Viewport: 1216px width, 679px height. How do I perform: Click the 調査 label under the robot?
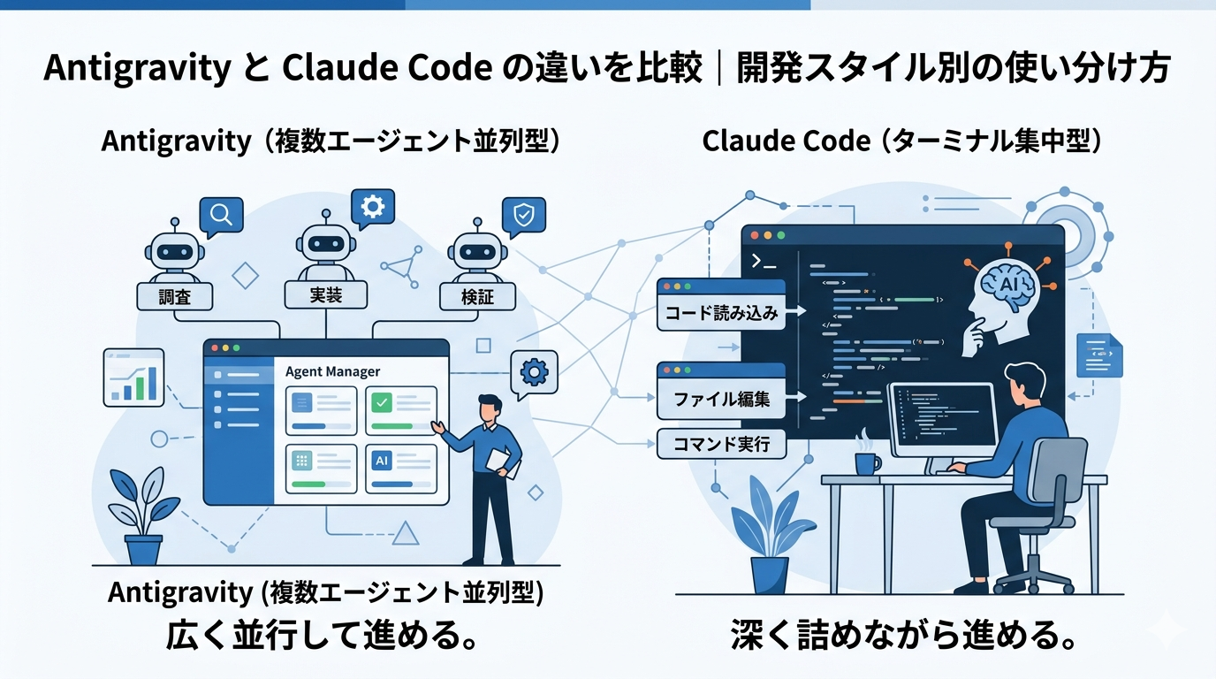pos(175,297)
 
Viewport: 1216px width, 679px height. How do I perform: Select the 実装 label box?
pos(326,295)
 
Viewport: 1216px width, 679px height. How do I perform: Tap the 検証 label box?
pos(478,297)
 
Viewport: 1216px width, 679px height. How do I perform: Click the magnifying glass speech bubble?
pos(221,214)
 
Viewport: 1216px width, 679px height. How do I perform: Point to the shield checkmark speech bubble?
pos(523,215)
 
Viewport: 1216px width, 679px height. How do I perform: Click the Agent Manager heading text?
pos(332,372)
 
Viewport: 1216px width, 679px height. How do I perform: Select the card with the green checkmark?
pos(400,410)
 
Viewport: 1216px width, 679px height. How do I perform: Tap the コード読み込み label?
pos(721,314)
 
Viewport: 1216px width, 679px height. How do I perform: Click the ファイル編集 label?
pos(721,399)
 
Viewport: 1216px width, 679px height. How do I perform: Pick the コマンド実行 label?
pos(721,444)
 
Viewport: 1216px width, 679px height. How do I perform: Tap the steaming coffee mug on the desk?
pos(867,461)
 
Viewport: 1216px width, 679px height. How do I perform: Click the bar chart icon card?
pos(134,378)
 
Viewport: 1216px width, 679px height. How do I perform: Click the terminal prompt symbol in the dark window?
pos(763,261)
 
